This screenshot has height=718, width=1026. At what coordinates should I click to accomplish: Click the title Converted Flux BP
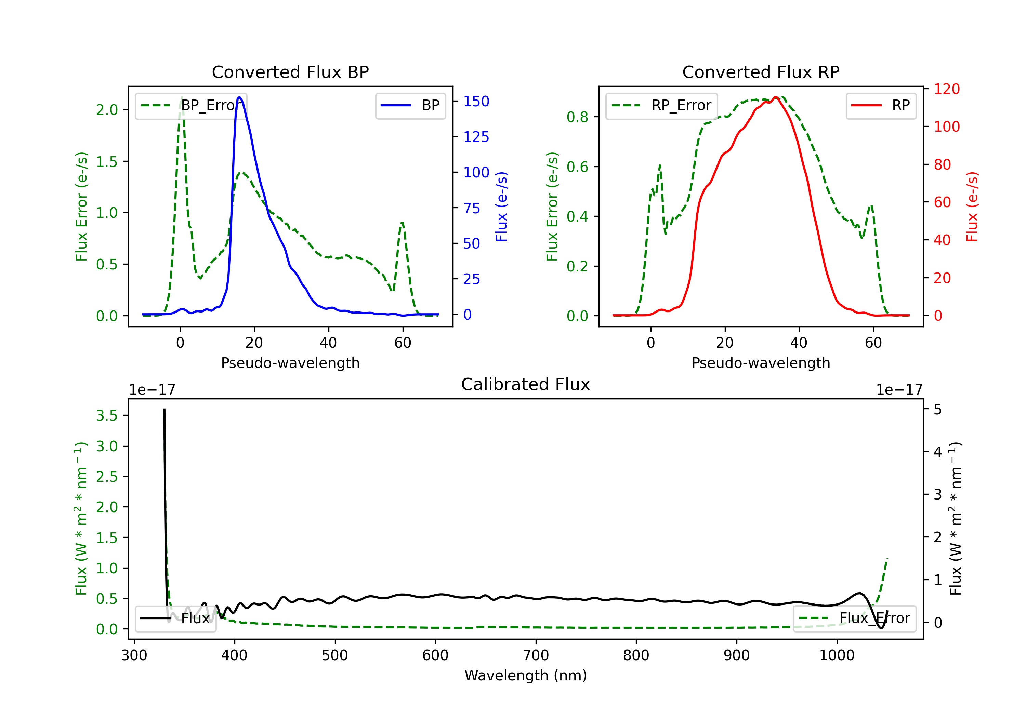point(290,72)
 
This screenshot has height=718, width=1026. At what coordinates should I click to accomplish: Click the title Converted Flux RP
point(761,72)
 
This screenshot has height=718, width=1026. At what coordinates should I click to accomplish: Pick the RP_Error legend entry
point(661,105)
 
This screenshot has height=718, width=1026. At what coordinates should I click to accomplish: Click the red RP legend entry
point(881,105)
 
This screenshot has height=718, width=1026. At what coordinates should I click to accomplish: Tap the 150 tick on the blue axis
point(476,102)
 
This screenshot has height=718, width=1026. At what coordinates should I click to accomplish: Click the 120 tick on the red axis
point(946,89)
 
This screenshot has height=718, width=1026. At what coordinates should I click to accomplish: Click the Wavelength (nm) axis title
point(526,675)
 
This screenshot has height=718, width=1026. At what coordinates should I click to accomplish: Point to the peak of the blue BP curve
point(239,97)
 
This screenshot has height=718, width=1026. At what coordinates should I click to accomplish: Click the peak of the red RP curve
point(776,97)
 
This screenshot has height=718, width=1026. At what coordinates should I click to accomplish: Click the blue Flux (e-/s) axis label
point(501,207)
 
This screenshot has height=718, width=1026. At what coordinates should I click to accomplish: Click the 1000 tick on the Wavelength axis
point(837,655)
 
